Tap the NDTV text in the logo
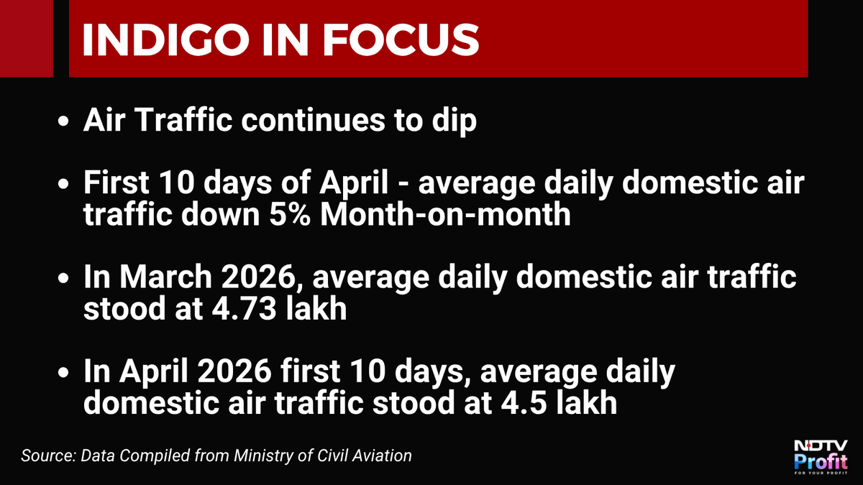point(821,446)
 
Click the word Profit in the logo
point(821,461)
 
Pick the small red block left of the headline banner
point(26,39)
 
